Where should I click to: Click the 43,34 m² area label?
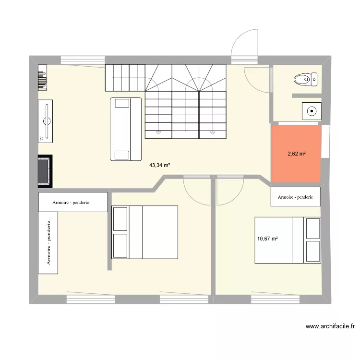tap(160, 165)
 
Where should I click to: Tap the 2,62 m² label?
tap(296, 154)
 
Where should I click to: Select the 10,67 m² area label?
tap(268, 239)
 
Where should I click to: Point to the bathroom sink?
tap(312, 111)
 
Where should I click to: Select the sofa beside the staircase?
tap(127, 129)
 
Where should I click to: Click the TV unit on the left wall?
tap(47, 121)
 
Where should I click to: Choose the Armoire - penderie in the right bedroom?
tap(295, 197)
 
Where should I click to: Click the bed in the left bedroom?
tap(144, 232)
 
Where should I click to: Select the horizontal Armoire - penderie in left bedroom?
tap(73, 202)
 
